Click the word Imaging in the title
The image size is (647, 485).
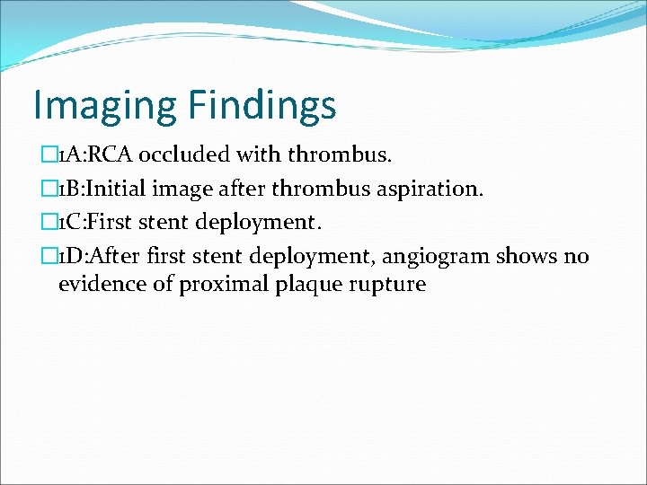coord(104,105)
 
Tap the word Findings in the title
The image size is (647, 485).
coord(261,105)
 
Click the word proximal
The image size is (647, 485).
coord(213,285)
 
